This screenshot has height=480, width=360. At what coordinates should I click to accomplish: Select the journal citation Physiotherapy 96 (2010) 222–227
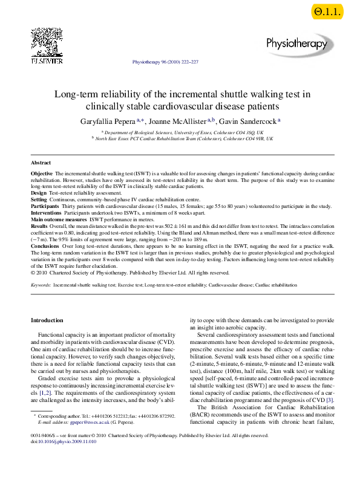[x=164, y=62]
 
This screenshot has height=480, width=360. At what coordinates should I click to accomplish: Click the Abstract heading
[x=41, y=163]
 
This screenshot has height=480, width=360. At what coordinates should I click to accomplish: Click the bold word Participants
[x=45, y=206]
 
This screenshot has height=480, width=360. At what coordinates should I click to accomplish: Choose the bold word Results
[x=39, y=226]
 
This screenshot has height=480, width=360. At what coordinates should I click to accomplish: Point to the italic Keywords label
[x=41, y=284]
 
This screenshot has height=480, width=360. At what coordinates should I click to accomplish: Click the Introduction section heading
[x=47, y=320]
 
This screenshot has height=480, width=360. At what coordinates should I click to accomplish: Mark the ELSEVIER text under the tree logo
[x=47, y=60]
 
